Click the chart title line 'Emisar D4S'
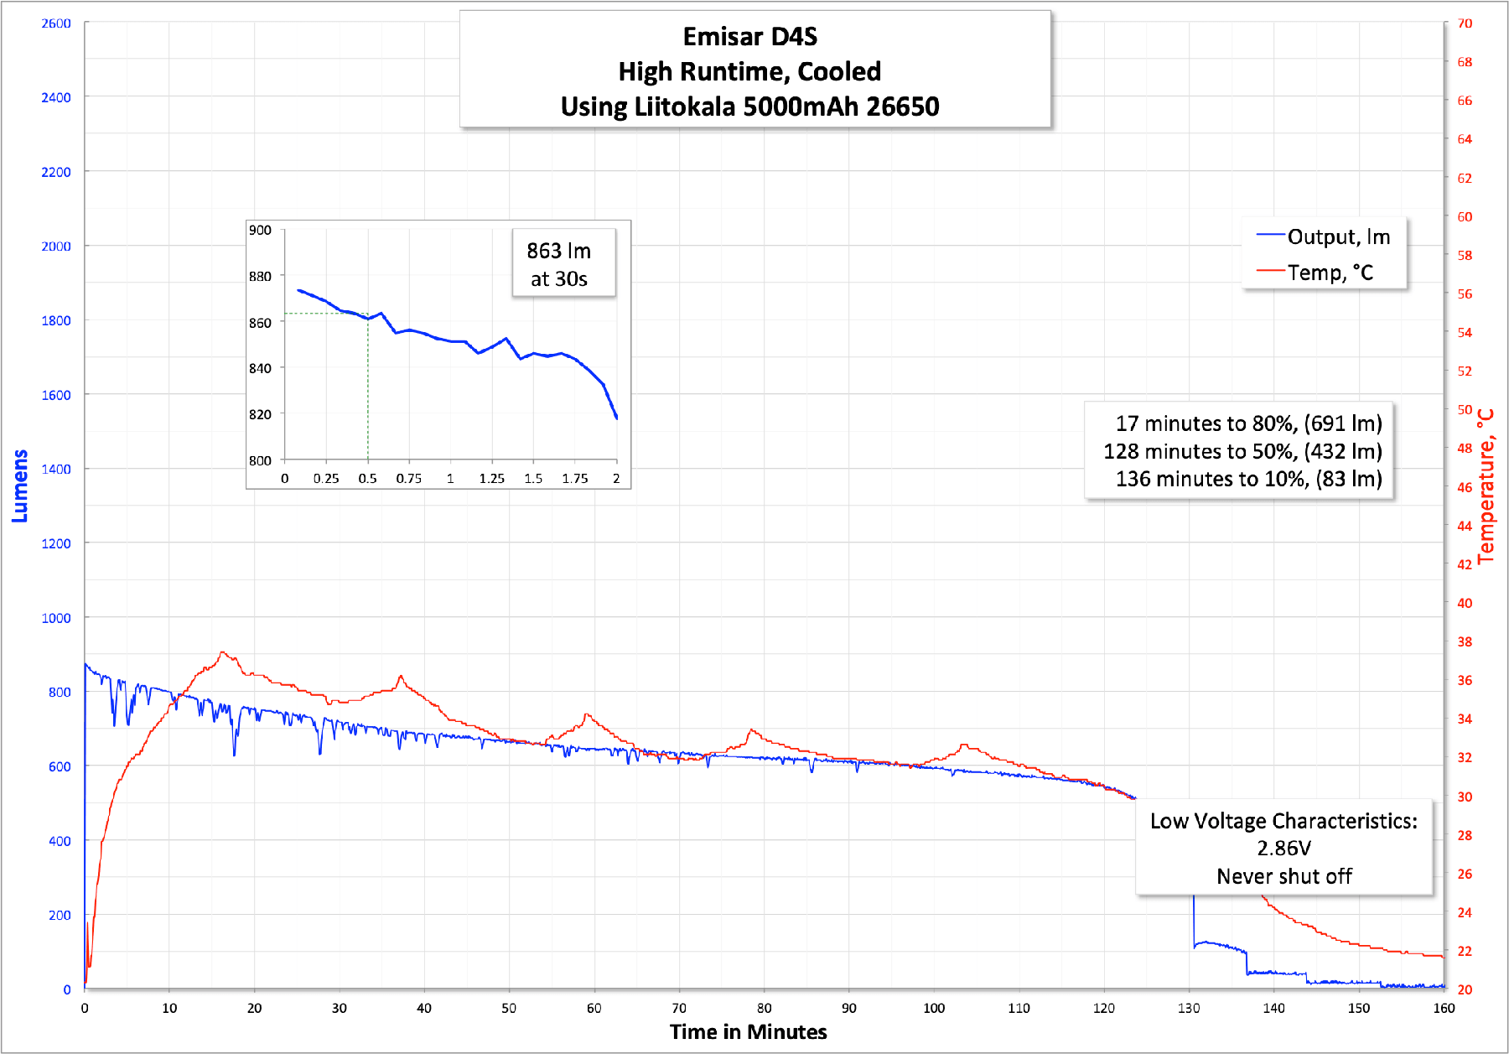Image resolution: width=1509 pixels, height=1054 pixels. tap(749, 37)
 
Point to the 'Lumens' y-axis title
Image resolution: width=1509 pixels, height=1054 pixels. tap(20, 486)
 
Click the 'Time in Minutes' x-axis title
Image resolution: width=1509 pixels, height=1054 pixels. tap(748, 1031)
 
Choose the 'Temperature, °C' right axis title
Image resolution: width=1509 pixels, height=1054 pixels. tap(1486, 486)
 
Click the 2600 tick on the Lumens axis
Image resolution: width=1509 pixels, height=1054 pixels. tap(56, 23)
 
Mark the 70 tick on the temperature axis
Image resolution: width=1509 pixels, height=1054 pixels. tap(1465, 23)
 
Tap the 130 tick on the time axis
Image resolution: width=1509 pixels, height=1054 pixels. tap(1189, 1008)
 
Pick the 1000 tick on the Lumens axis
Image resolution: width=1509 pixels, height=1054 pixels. tap(56, 618)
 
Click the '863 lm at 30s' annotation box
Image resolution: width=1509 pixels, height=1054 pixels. tap(559, 264)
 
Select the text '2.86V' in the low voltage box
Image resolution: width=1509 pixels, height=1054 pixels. tap(1283, 849)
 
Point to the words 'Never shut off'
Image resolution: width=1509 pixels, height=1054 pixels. tap(1283, 876)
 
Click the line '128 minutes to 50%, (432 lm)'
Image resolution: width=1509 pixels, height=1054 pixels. tap(1242, 451)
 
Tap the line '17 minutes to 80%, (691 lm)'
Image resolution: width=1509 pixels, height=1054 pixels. tap(1248, 423)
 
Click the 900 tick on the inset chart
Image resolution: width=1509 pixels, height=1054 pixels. tap(260, 231)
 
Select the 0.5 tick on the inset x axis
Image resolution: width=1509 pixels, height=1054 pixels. tap(367, 479)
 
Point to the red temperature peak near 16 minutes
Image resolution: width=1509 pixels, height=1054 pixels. tap(222, 652)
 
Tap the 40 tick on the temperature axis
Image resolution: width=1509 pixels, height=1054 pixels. tap(1465, 603)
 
